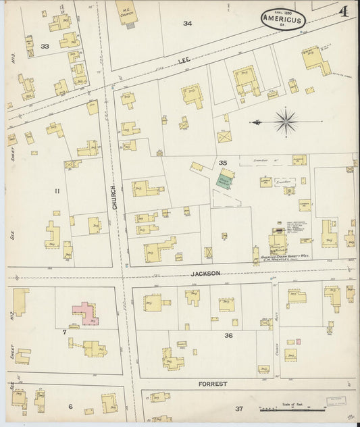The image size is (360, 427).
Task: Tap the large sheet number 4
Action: click(344, 11)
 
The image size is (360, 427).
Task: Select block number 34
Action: click(187, 24)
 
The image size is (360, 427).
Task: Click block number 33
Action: click(45, 47)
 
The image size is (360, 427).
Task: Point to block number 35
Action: click(222, 162)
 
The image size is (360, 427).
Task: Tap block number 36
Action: click(228, 335)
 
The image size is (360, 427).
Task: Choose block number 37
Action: click(239, 409)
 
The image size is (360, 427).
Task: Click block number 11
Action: click(57, 191)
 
